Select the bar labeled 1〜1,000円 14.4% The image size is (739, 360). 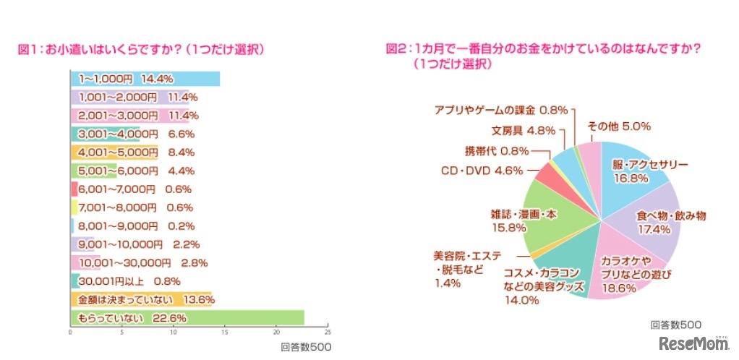click(145, 78)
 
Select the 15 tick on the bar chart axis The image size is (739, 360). click(225, 333)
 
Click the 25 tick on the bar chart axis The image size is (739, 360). click(328, 333)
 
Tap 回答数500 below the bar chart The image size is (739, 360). click(306, 347)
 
